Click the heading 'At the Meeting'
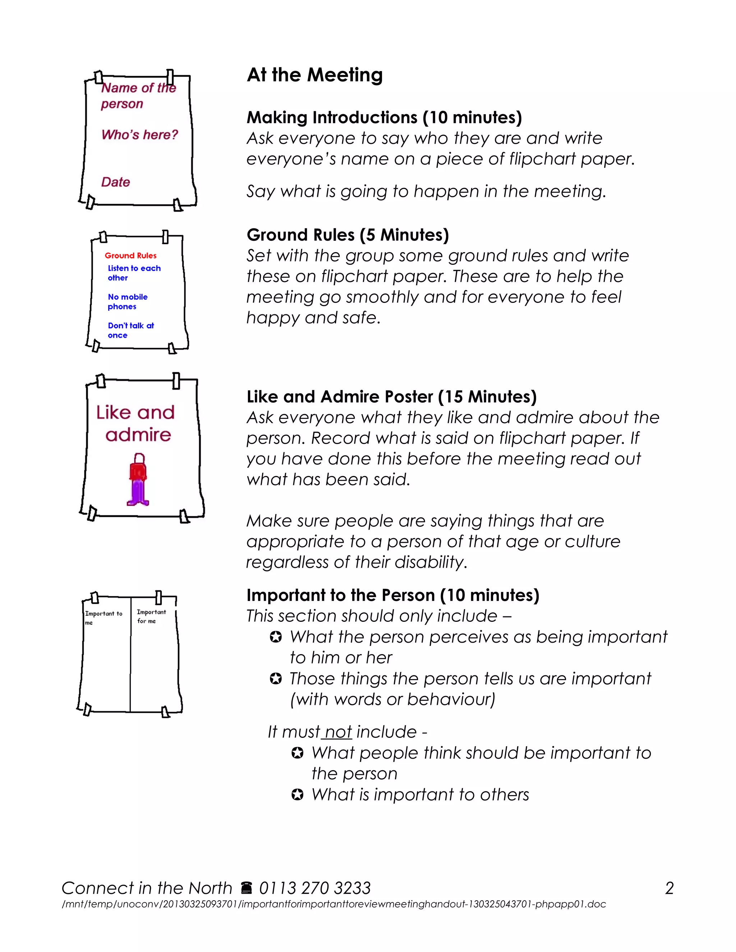tap(314, 75)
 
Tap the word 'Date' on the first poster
tap(116, 182)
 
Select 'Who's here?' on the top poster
tap(139, 135)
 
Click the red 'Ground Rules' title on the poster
tap(130, 256)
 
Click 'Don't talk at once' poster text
tap(130, 331)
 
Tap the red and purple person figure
tap(138, 480)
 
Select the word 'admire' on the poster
tap(138, 435)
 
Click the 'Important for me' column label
tap(151, 616)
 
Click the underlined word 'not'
tap(338, 732)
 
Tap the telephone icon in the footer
tap(246, 888)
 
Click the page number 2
tap(669, 888)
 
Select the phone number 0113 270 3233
tap(315, 888)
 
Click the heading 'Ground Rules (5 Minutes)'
tap(348, 235)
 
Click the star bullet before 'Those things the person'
tap(276, 679)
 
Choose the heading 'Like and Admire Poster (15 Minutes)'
tap(391, 397)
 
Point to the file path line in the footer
tap(333, 904)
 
